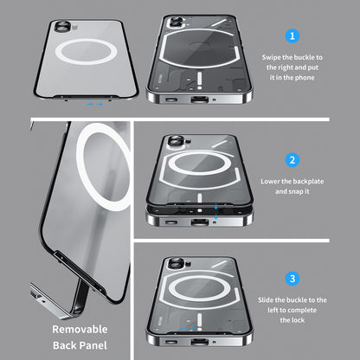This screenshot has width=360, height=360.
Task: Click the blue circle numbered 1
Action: (x=292, y=36)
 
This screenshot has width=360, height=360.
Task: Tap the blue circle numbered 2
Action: (x=292, y=160)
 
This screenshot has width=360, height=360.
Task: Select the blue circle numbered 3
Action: (x=292, y=279)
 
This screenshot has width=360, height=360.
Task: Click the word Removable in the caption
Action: (x=80, y=329)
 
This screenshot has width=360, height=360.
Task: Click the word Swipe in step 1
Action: (x=271, y=57)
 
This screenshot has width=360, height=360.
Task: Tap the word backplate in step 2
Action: (x=308, y=182)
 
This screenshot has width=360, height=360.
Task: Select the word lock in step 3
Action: (x=299, y=320)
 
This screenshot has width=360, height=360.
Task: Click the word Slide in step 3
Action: (x=266, y=300)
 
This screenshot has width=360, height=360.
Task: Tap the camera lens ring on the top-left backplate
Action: (x=62, y=27)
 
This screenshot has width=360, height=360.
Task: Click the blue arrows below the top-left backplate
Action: (x=95, y=104)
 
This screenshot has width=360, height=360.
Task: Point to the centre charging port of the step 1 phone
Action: (x=199, y=100)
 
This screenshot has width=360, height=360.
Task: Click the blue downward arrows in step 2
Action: (x=216, y=211)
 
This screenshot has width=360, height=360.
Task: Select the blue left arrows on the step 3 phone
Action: (x=188, y=329)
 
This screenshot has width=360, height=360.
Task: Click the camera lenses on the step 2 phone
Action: (x=176, y=142)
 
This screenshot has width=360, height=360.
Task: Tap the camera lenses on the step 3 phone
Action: (x=177, y=264)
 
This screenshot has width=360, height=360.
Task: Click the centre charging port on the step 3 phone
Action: (x=199, y=343)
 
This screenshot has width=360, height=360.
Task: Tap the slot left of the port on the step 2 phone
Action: (x=171, y=222)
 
